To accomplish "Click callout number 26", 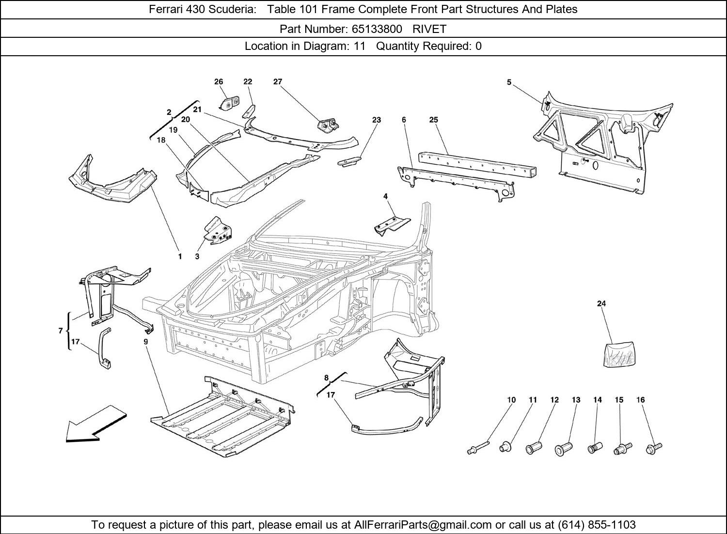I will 219,82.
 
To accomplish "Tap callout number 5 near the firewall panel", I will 509,82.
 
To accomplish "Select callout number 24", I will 601,304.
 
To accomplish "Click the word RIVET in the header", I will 429,29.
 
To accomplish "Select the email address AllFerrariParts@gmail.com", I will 423,525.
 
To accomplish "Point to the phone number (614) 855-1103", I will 597,525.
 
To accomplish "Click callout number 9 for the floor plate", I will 145,342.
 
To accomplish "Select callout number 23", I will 377,120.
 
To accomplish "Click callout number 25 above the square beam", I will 433,120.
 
